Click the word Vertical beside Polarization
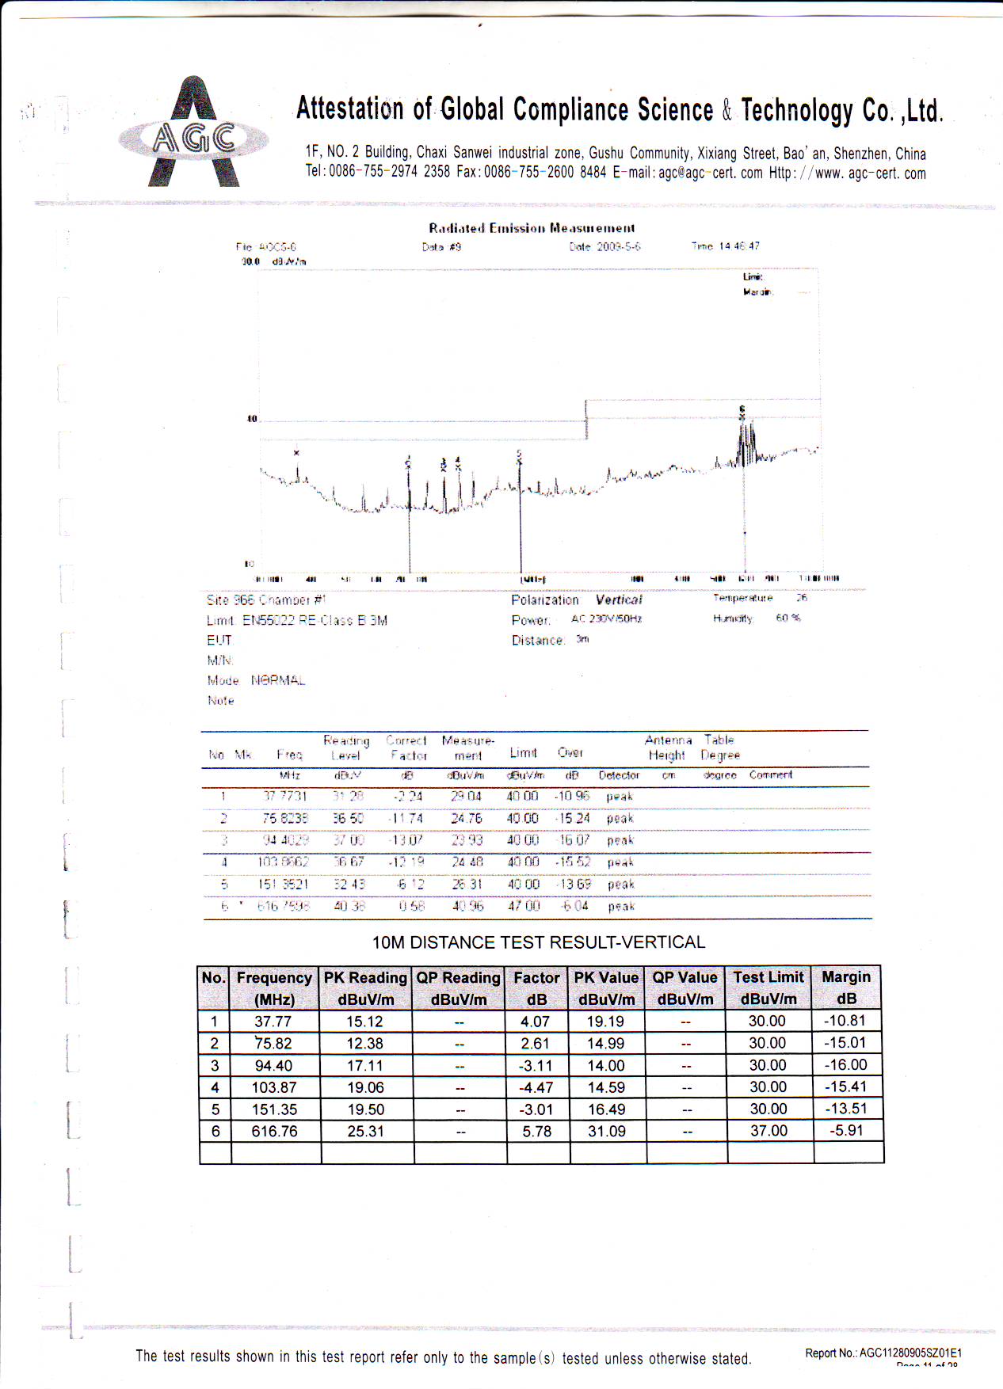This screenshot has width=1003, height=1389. [619, 600]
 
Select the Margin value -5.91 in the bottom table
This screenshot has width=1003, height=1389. [846, 1131]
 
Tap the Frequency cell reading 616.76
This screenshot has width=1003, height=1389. [274, 1132]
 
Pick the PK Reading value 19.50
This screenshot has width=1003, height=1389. [365, 1109]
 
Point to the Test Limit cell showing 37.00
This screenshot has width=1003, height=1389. [768, 1131]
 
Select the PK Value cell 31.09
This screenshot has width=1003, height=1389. [606, 1132]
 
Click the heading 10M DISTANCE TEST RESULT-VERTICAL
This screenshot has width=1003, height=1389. [538, 942]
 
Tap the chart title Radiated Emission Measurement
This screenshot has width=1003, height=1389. [532, 228]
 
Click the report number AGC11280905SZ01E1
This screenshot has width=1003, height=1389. [910, 1353]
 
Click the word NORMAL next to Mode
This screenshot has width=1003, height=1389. [278, 680]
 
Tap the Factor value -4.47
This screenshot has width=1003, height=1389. [536, 1087]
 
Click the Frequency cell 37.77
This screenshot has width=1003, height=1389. [273, 1022]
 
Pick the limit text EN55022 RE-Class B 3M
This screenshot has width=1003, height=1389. [315, 621]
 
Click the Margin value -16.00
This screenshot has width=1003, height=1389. [846, 1065]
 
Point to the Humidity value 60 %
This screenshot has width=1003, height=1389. [788, 618]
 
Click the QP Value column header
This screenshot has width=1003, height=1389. [685, 988]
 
